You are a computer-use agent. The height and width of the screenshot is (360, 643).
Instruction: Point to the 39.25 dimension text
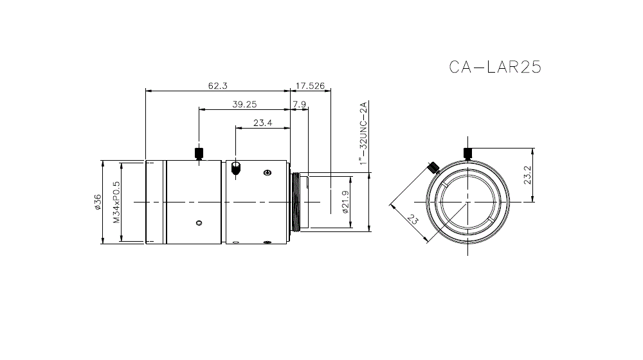244,104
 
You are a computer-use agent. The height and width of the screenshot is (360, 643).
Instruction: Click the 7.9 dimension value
299,104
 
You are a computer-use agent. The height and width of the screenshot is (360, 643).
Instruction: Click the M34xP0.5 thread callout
116,202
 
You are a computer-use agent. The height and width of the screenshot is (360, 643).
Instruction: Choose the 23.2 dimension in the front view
527,175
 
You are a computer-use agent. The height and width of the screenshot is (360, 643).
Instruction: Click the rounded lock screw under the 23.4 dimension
236,168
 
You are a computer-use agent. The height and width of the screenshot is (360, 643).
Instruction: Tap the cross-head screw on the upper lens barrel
267,172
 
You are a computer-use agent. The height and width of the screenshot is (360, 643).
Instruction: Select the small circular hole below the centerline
199,223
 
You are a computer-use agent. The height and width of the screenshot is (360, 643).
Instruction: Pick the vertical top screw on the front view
467,153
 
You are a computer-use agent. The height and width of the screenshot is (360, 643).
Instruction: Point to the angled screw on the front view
433,167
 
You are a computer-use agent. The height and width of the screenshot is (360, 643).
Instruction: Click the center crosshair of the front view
467,202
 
